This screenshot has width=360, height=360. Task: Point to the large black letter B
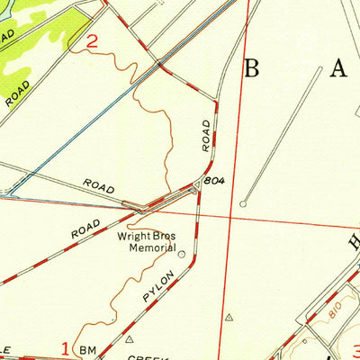tap(253, 68)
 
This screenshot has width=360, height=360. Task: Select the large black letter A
tap(339, 67)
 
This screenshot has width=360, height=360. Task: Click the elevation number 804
tap(214, 181)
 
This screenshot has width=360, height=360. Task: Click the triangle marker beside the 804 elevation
tap(197, 184)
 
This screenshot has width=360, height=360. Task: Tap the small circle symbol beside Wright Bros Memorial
tap(183, 255)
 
